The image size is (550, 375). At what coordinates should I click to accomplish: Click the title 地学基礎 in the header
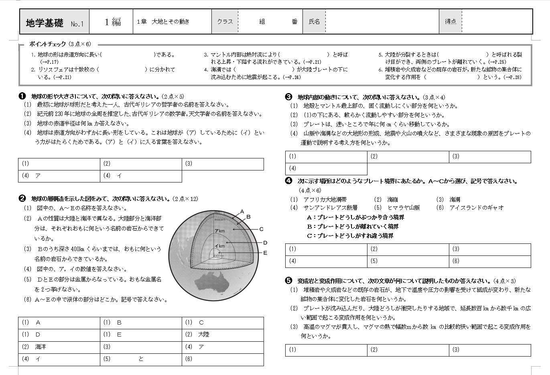[45, 22]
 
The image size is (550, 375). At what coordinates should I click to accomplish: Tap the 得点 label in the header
[451, 22]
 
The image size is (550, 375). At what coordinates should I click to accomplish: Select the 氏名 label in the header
[314, 22]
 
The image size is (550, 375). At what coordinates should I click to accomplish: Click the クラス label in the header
[225, 22]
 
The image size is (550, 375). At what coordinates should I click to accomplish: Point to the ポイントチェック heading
[47, 44]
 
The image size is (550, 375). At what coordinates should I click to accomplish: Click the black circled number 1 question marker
[22, 96]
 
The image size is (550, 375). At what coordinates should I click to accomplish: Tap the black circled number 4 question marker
[289, 181]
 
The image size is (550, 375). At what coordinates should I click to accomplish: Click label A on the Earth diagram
[242, 211]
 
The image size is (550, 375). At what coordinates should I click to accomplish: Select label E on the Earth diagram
[265, 253]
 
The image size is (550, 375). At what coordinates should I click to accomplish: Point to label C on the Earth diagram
[261, 229]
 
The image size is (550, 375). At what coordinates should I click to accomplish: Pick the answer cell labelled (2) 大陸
[223, 334]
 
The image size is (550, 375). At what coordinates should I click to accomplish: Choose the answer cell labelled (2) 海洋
[59, 347]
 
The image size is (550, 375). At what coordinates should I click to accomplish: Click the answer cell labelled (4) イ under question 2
[59, 359]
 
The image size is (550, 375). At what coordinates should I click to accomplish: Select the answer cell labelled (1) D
[59, 334]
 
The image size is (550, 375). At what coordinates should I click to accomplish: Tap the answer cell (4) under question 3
[326, 168]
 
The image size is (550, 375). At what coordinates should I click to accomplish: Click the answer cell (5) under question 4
[408, 261]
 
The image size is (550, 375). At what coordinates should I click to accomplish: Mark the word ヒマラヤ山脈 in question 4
[404, 208]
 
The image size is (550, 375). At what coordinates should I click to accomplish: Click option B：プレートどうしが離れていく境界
[353, 227]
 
